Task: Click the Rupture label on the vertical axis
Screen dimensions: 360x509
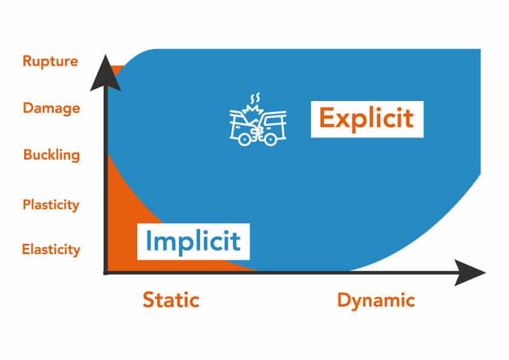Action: pos(50,61)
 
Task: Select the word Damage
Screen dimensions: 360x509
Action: pos(51,108)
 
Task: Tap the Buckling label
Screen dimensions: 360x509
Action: pos(51,155)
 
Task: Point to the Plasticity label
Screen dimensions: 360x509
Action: pos(51,205)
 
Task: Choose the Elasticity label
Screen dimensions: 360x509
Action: pos(51,249)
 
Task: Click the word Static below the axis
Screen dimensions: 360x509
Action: pos(171,299)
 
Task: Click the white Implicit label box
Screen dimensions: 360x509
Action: pos(193,241)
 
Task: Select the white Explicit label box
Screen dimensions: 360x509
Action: pos(367,119)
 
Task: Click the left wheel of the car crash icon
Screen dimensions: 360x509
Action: pos(244,139)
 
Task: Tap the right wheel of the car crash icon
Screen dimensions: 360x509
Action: pos(270,139)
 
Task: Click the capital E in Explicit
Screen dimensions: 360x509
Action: pos(326,118)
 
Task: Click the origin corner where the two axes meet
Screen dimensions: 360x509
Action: pos(106,272)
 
